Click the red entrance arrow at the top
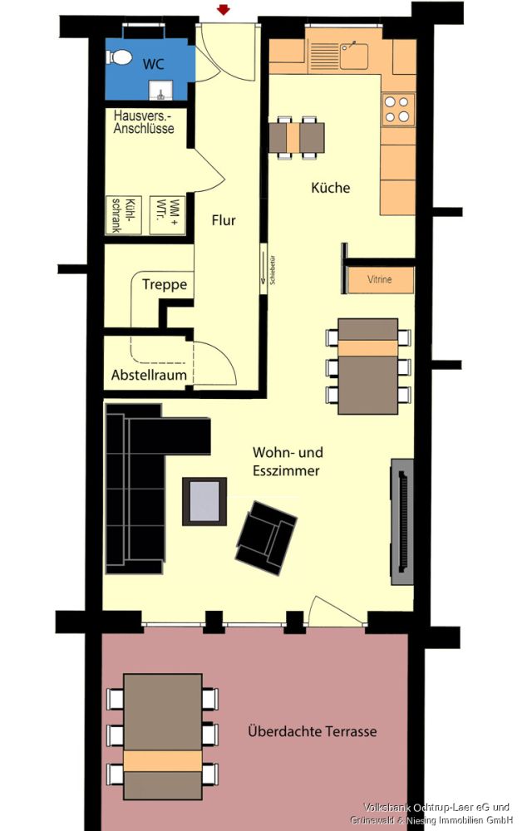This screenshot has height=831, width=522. [223, 9]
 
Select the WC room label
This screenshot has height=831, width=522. [154, 64]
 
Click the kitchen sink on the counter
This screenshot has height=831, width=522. [354, 55]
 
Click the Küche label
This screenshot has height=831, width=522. [331, 188]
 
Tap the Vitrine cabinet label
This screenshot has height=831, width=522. [379, 280]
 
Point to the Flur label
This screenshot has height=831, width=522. [224, 221]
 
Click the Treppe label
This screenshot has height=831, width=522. [164, 285]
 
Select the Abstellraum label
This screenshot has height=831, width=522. [149, 376]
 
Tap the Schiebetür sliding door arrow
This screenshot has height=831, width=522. [265, 269]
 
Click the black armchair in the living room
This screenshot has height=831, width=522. [266, 536]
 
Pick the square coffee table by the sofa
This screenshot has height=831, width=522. [204, 501]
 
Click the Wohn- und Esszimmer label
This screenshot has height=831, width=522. [288, 461]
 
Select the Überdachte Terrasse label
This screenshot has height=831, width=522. [312, 732]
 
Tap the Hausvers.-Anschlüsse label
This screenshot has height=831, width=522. [144, 124]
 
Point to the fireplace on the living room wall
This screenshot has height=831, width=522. [402, 519]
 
